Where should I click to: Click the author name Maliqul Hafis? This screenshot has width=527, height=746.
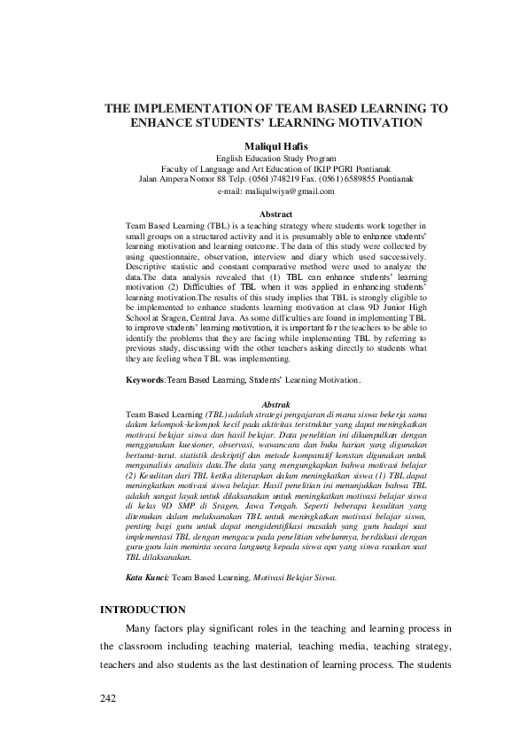click(x=263, y=144)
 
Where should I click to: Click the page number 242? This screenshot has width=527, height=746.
click(x=108, y=699)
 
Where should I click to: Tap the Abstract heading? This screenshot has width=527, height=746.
click(x=273, y=214)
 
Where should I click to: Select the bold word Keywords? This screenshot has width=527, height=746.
click(x=146, y=379)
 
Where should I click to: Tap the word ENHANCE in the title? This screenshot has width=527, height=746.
click(x=163, y=122)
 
